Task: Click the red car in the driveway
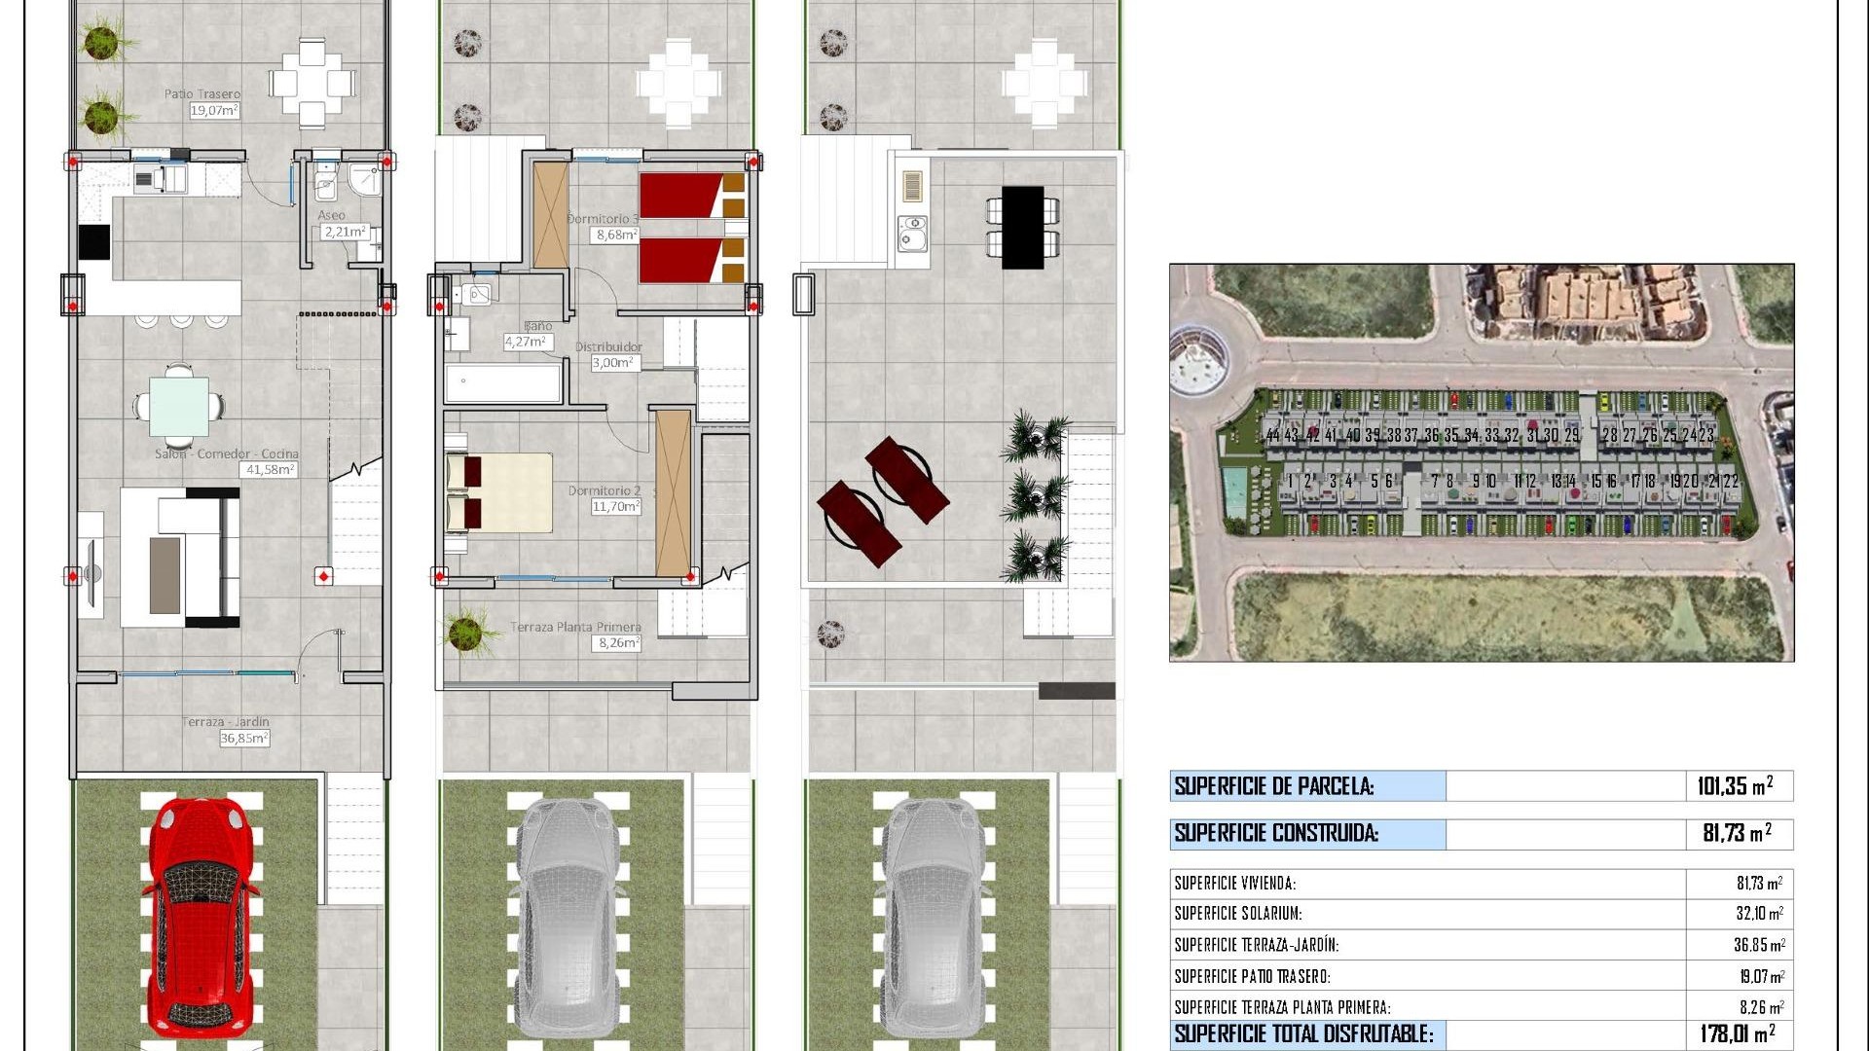201,919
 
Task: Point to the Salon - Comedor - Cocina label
227,453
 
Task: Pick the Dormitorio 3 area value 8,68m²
616,235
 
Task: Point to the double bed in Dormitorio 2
499,492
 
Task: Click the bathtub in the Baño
503,382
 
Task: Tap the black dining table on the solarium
1022,227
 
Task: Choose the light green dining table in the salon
179,407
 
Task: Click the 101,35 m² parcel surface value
1735,786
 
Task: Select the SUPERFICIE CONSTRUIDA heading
1276,833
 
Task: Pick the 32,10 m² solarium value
1759,914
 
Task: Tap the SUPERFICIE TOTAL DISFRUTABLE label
1303,1033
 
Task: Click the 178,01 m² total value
1737,1033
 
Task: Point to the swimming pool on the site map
1234,494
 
